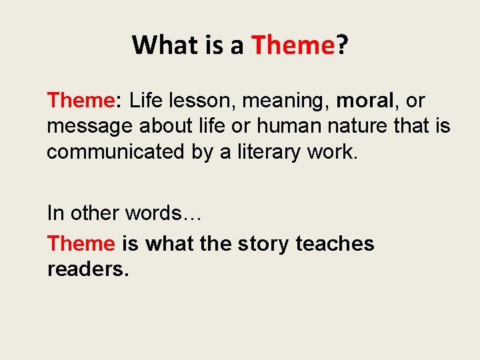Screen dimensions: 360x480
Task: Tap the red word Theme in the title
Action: [292, 45]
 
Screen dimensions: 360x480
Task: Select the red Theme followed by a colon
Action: [81, 101]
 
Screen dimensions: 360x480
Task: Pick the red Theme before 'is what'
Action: [81, 244]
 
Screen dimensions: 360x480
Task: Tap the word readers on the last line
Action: [88, 269]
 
